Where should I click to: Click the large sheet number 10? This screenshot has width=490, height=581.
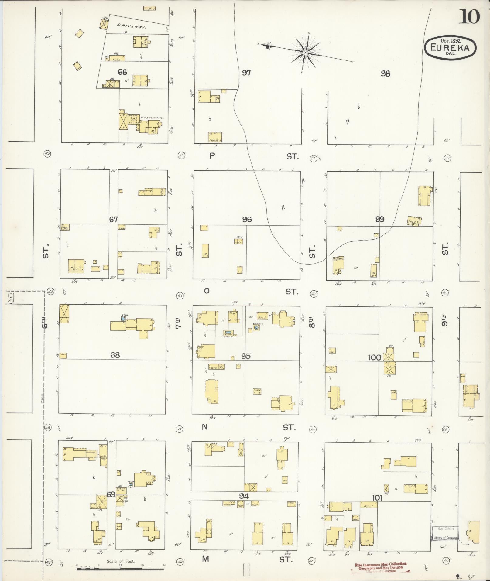click(469, 17)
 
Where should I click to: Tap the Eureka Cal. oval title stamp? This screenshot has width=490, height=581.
click(450, 48)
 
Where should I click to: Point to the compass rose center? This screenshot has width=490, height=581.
click(305, 53)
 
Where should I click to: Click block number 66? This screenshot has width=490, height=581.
click(122, 72)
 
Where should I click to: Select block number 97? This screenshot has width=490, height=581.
click(246, 73)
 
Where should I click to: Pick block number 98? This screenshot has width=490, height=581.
click(385, 73)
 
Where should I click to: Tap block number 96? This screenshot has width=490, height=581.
click(247, 219)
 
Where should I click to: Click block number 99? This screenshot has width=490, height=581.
click(379, 219)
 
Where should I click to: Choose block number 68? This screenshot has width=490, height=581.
click(115, 355)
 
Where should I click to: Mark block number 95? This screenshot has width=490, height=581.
click(246, 356)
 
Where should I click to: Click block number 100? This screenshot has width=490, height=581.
click(375, 357)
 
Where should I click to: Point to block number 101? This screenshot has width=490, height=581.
click(377, 498)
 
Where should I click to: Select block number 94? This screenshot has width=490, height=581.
click(244, 496)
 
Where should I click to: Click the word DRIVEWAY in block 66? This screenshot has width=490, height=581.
click(132, 26)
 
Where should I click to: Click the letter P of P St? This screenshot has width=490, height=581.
click(212, 156)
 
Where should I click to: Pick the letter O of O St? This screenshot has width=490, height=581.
click(207, 291)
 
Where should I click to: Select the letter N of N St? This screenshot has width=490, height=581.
click(205, 427)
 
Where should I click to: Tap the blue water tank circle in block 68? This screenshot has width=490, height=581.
click(123, 319)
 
